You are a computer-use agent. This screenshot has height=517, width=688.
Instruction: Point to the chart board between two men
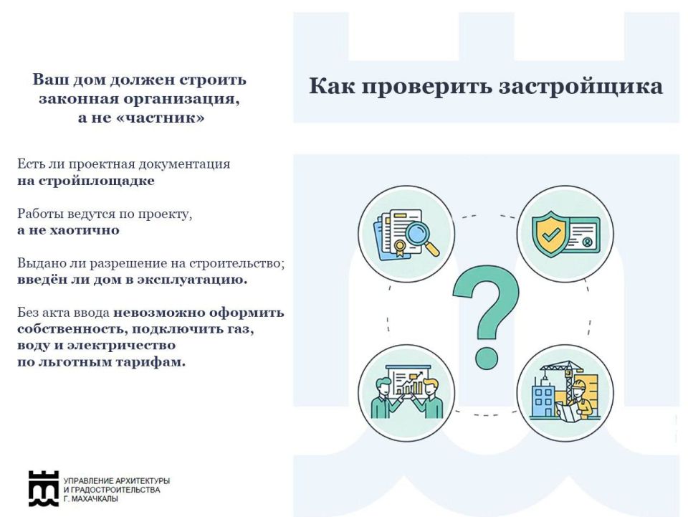[x=407, y=384]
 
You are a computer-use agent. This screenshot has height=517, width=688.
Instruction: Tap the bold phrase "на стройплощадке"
[x=86, y=181]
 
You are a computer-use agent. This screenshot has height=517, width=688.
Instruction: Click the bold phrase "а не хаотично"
[x=68, y=230]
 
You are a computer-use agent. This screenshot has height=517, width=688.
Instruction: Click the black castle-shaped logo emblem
[x=44, y=488]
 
